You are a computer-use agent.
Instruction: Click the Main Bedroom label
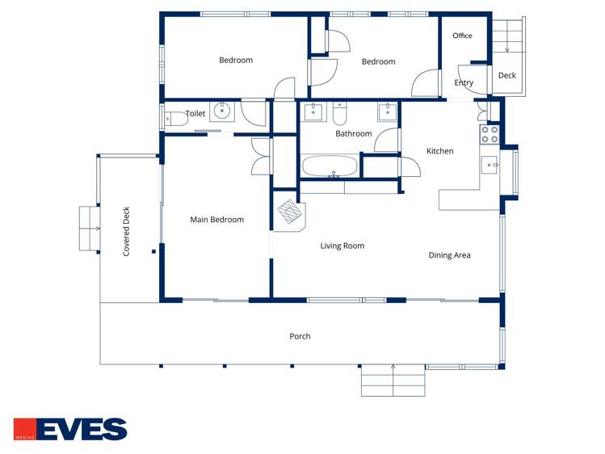(x=216, y=220)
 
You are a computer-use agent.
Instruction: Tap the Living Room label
(x=342, y=246)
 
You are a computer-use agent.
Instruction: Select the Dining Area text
(x=449, y=255)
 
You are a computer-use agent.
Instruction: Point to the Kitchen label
(x=439, y=151)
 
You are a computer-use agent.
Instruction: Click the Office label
(x=462, y=36)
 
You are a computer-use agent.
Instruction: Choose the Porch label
(x=300, y=336)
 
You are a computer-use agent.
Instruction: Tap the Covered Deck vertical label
(x=126, y=231)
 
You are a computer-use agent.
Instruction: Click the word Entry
(x=464, y=82)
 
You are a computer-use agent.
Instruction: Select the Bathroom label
(x=353, y=134)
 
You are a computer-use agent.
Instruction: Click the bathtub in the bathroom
(x=329, y=166)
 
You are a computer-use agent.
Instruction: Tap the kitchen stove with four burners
(x=489, y=134)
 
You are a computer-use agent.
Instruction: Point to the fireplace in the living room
(x=290, y=214)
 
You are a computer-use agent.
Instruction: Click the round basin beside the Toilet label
(x=221, y=112)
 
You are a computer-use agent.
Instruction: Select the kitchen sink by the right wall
(x=490, y=165)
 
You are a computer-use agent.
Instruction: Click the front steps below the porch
(x=393, y=380)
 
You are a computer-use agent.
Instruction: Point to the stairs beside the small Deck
(x=508, y=36)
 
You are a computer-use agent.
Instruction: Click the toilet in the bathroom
(x=340, y=111)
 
